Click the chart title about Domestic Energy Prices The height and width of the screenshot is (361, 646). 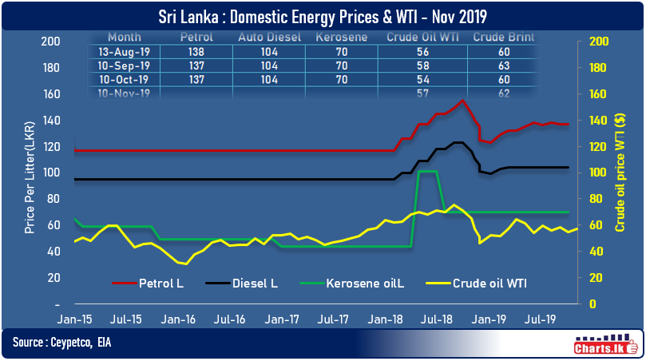pos(323,14)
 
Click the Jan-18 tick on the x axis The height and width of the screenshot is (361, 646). pos(386,319)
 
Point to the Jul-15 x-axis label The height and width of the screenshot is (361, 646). pos(126,319)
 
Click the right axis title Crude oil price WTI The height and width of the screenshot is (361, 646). pos(620,174)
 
